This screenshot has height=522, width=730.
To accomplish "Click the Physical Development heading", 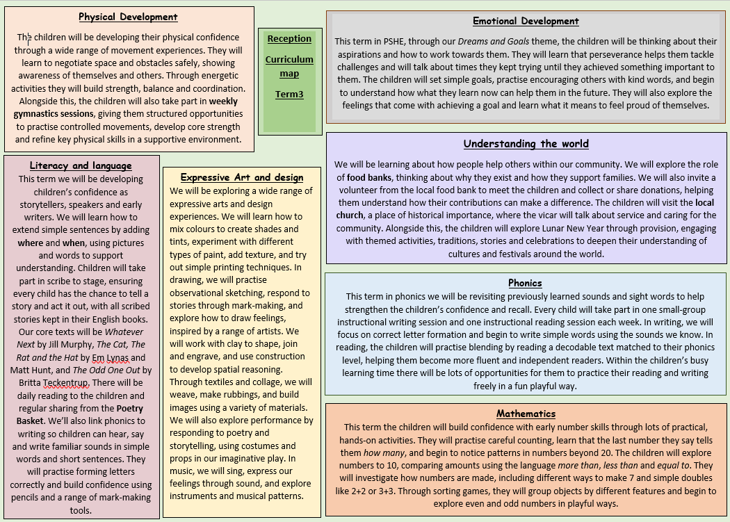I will coord(128,17).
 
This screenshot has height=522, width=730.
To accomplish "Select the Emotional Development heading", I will coord(526,21).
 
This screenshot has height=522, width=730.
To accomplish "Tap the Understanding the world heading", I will coord(526,144).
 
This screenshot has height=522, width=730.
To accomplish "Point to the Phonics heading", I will coord(525,283).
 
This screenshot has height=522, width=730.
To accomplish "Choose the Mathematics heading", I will coord(526,414).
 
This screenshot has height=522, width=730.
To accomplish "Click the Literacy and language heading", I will coord(81,165).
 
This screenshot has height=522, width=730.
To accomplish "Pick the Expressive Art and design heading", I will coord(242,177).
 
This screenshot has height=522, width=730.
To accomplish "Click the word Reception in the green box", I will coord(289,39).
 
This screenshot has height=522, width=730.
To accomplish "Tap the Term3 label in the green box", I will coord(289,94).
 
